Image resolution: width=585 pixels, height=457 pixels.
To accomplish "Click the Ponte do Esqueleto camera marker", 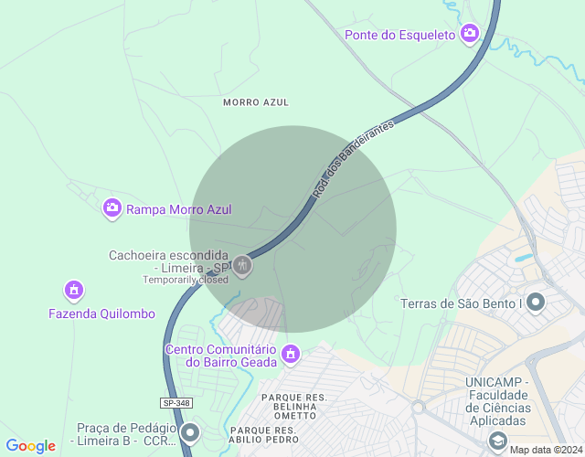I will (469, 34).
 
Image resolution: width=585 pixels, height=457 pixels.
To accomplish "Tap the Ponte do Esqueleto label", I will (399, 35).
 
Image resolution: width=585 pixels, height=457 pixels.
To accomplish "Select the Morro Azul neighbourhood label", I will (255, 102).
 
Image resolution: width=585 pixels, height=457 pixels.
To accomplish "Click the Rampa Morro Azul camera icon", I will (112, 208).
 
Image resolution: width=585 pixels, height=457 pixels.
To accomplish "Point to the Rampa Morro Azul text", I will (179, 209).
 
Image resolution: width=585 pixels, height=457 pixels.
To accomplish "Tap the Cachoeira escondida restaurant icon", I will (242, 266).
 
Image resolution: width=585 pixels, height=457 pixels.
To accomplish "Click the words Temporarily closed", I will (185, 280).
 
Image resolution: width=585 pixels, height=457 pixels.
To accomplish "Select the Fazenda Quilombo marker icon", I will (74, 291).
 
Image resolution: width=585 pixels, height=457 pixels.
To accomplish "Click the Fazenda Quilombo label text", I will (101, 314).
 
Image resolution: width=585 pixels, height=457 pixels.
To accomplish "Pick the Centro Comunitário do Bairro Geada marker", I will (291, 353).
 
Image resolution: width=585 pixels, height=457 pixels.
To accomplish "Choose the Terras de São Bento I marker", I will (536, 302).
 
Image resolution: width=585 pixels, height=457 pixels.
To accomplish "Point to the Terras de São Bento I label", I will (461, 303).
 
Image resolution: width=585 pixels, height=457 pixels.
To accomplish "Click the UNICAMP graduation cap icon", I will (498, 441).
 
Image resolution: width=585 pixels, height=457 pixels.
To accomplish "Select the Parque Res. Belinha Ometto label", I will (294, 406).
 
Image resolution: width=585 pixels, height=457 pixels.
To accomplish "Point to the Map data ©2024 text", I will (546, 449).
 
